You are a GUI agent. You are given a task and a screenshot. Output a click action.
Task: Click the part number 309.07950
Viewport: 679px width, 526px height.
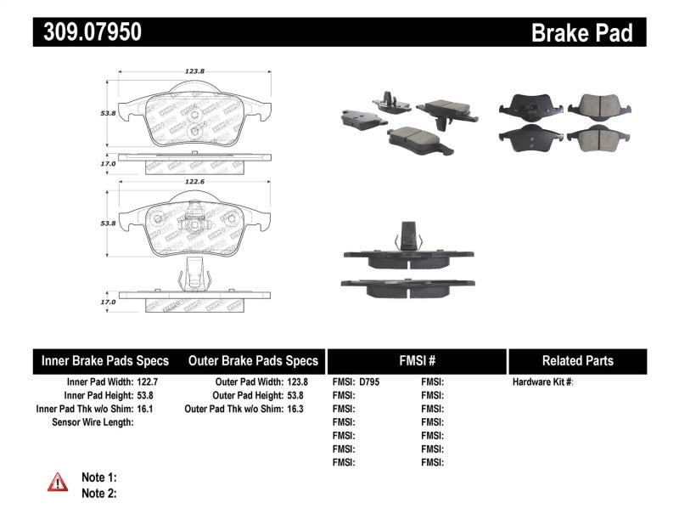(88, 32)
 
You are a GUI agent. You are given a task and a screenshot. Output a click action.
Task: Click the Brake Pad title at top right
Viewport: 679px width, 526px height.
(581, 32)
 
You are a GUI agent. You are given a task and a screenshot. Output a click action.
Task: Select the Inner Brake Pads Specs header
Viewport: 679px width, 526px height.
(105, 360)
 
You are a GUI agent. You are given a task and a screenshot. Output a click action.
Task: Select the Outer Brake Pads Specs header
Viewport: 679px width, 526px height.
(253, 360)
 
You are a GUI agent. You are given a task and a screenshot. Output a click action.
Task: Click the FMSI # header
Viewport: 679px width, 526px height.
(416, 360)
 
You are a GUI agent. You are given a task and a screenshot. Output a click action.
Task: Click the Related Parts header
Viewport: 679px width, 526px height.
(577, 360)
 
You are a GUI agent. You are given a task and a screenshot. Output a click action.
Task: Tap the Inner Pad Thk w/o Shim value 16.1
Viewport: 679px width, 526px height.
(148, 409)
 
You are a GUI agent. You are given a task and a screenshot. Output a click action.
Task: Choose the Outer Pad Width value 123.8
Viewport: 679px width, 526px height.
(295, 382)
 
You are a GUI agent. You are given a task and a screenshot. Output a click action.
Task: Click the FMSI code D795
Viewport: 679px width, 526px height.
(369, 382)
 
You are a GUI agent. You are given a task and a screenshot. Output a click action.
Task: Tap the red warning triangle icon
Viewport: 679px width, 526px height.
(57, 484)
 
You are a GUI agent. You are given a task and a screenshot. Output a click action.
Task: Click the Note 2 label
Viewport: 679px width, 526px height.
(98, 492)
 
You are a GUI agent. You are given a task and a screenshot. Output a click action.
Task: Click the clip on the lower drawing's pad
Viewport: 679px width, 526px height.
(194, 279)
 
